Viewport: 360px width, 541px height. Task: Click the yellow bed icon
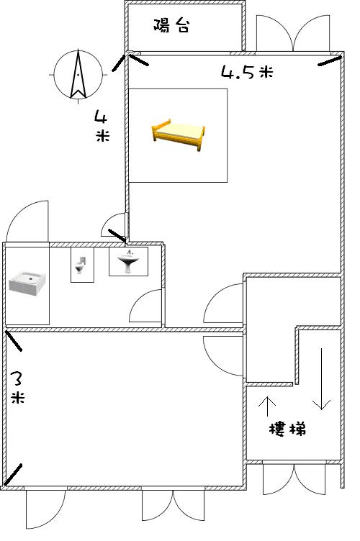point(178,135)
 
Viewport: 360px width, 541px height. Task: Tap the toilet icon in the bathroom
point(81,265)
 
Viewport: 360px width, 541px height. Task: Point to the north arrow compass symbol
point(78,75)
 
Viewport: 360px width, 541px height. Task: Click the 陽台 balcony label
point(171,25)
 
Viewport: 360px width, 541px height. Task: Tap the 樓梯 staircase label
point(287,429)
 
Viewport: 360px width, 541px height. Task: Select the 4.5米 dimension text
point(247,73)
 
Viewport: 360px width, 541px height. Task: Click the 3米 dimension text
point(17,387)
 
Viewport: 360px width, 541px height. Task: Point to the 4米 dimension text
point(102,126)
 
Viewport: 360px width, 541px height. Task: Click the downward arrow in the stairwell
point(321,379)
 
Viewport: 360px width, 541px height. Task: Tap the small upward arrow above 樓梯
point(267,406)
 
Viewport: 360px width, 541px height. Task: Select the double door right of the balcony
point(293,34)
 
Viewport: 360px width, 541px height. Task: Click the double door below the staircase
point(294,479)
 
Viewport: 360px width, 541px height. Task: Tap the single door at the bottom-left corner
point(45,509)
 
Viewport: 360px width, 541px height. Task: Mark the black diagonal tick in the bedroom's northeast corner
point(329,61)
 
